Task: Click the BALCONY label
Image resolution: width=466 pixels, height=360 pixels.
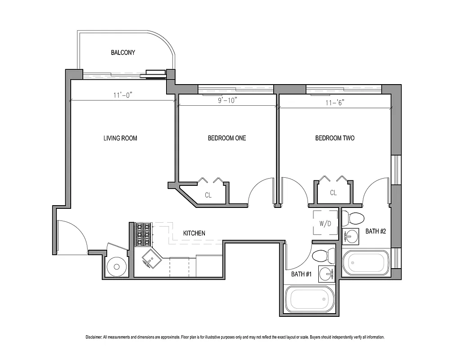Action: coord(123,53)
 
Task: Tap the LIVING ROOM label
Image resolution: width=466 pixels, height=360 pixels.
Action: coord(120,138)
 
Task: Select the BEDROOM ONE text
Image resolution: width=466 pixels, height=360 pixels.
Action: coord(226,138)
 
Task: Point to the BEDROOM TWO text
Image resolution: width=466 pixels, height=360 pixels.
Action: coord(335,138)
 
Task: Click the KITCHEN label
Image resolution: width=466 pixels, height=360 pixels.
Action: coord(194,233)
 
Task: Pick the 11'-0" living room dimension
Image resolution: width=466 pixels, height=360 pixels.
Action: coord(122,95)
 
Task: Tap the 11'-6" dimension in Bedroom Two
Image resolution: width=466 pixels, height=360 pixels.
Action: coord(334,102)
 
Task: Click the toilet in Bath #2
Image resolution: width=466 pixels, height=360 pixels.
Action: coord(353,219)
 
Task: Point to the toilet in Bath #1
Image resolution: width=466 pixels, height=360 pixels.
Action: coord(323,256)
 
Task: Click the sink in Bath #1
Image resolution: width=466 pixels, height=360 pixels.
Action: coord(326,273)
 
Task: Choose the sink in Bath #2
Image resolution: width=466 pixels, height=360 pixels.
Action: coord(350,234)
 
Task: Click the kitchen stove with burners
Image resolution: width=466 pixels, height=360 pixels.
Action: coord(144,234)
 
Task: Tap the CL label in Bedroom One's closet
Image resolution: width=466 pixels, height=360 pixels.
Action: coord(208,195)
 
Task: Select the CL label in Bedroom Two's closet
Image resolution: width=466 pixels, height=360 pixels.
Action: coord(333,193)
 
